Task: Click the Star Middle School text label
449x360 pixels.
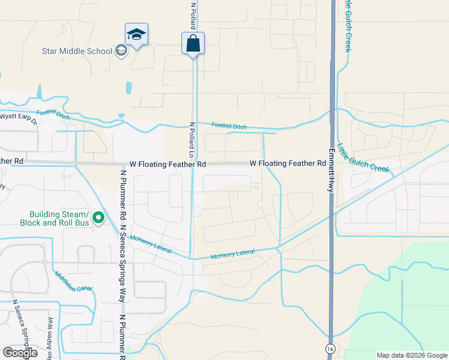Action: click(77, 51)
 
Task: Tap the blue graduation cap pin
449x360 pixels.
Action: click(137, 35)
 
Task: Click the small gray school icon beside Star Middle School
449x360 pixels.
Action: click(121, 50)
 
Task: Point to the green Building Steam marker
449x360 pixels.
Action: click(99, 218)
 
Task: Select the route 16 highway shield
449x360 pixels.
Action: click(330, 348)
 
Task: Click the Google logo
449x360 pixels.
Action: click(20, 353)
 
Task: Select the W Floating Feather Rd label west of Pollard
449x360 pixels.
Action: click(167, 164)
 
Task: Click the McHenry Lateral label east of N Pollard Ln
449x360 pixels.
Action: click(233, 256)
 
